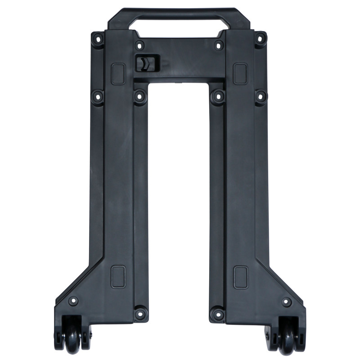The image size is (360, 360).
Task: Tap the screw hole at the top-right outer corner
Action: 260,38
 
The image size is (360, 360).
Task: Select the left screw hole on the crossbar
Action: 140,45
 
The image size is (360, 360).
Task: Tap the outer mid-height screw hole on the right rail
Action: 261,96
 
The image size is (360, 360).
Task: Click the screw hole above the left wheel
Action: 73,301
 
